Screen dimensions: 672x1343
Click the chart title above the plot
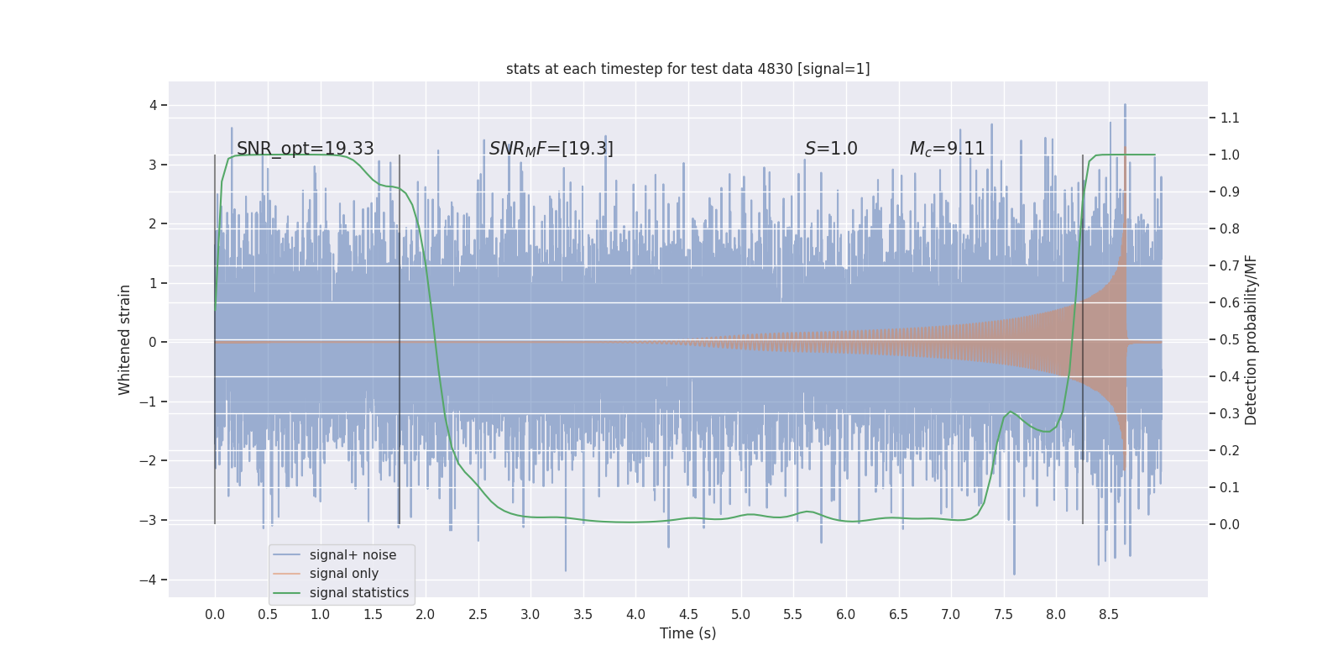pos(687,69)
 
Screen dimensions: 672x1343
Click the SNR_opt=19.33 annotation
pos(305,149)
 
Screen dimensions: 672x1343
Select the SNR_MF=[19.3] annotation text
pos(551,149)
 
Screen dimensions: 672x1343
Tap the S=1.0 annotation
pos(830,149)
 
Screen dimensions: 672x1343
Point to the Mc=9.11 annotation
pos(947,149)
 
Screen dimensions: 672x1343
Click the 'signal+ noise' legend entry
pos(353,555)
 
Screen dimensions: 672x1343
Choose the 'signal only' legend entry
pos(343,574)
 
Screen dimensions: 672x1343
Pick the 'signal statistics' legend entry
pos(358,593)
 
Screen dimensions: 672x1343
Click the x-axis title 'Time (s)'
pos(687,633)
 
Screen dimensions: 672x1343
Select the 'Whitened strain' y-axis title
pos(125,339)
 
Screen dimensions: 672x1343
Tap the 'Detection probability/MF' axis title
pos(1251,339)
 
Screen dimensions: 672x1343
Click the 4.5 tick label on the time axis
pos(688,614)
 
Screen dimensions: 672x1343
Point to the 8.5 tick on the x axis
pos(1108,614)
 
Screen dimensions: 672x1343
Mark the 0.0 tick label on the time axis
pos(215,614)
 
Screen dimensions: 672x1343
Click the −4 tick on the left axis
pos(152,580)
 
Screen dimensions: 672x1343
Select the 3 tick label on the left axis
pos(153,165)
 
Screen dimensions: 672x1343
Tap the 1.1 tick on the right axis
pos(1229,118)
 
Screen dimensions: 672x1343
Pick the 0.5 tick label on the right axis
pos(1229,339)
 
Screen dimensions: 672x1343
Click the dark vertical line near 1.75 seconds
pos(400,336)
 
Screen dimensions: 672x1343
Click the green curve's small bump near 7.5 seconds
pos(1011,412)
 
